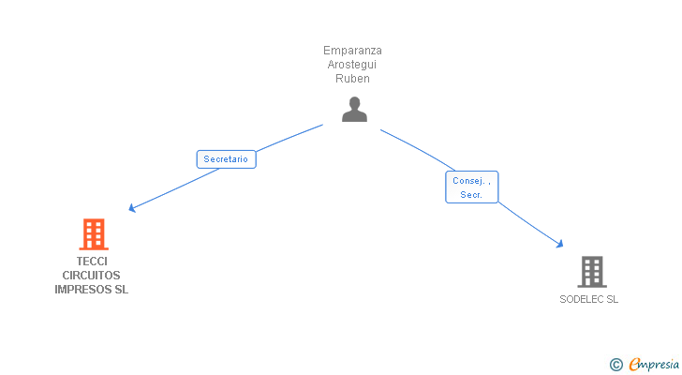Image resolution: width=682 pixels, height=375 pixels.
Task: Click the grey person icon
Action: click(354, 110)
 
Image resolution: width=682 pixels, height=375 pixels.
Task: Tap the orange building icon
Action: click(93, 234)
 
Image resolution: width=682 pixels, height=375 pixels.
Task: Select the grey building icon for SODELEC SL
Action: click(591, 272)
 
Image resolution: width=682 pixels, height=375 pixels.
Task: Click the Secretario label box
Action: click(226, 159)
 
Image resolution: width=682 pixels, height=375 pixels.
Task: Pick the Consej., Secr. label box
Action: click(471, 187)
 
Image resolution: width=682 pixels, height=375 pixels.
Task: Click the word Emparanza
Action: click(352, 51)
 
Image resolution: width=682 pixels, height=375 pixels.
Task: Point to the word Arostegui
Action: click(352, 65)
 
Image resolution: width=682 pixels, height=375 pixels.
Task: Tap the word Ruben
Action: click(352, 79)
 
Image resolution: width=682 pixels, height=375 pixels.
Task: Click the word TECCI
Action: click(92, 262)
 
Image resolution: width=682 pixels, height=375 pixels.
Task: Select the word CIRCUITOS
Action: click(92, 276)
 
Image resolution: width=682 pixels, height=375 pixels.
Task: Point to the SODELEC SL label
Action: click(589, 300)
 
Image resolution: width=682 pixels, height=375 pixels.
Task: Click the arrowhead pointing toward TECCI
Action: click(132, 208)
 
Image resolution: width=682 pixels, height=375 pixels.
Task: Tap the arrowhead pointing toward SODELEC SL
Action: click(560, 244)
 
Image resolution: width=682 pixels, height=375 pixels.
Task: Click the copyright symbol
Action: click(615, 365)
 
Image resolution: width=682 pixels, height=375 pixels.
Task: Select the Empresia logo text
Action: click(654, 364)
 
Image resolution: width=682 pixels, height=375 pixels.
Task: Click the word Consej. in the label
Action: click(468, 180)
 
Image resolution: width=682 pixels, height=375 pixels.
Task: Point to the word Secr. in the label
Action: click(470, 195)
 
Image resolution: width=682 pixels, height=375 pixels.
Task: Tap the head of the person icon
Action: click(354, 102)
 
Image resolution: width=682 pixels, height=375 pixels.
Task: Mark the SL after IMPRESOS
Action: click(121, 290)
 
